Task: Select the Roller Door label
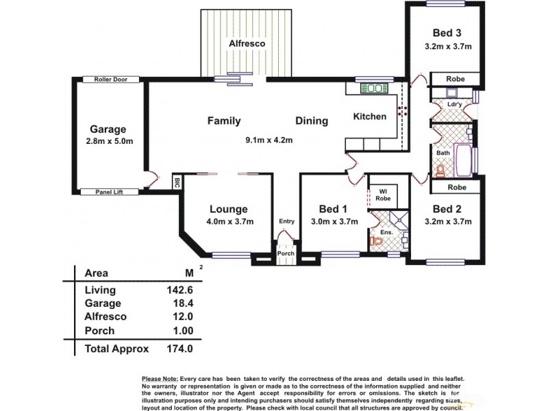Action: (110, 79)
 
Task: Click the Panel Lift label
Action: (110, 192)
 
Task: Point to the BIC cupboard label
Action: (176, 183)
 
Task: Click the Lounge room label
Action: (229, 209)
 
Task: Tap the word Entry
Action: (286, 221)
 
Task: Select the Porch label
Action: (285, 253)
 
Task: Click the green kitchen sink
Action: (373, 88)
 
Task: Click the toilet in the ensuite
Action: (376, 240)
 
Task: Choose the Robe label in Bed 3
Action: (455, 79)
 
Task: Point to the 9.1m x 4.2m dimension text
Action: (269, 140)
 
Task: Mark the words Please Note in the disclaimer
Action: (159, 379)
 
